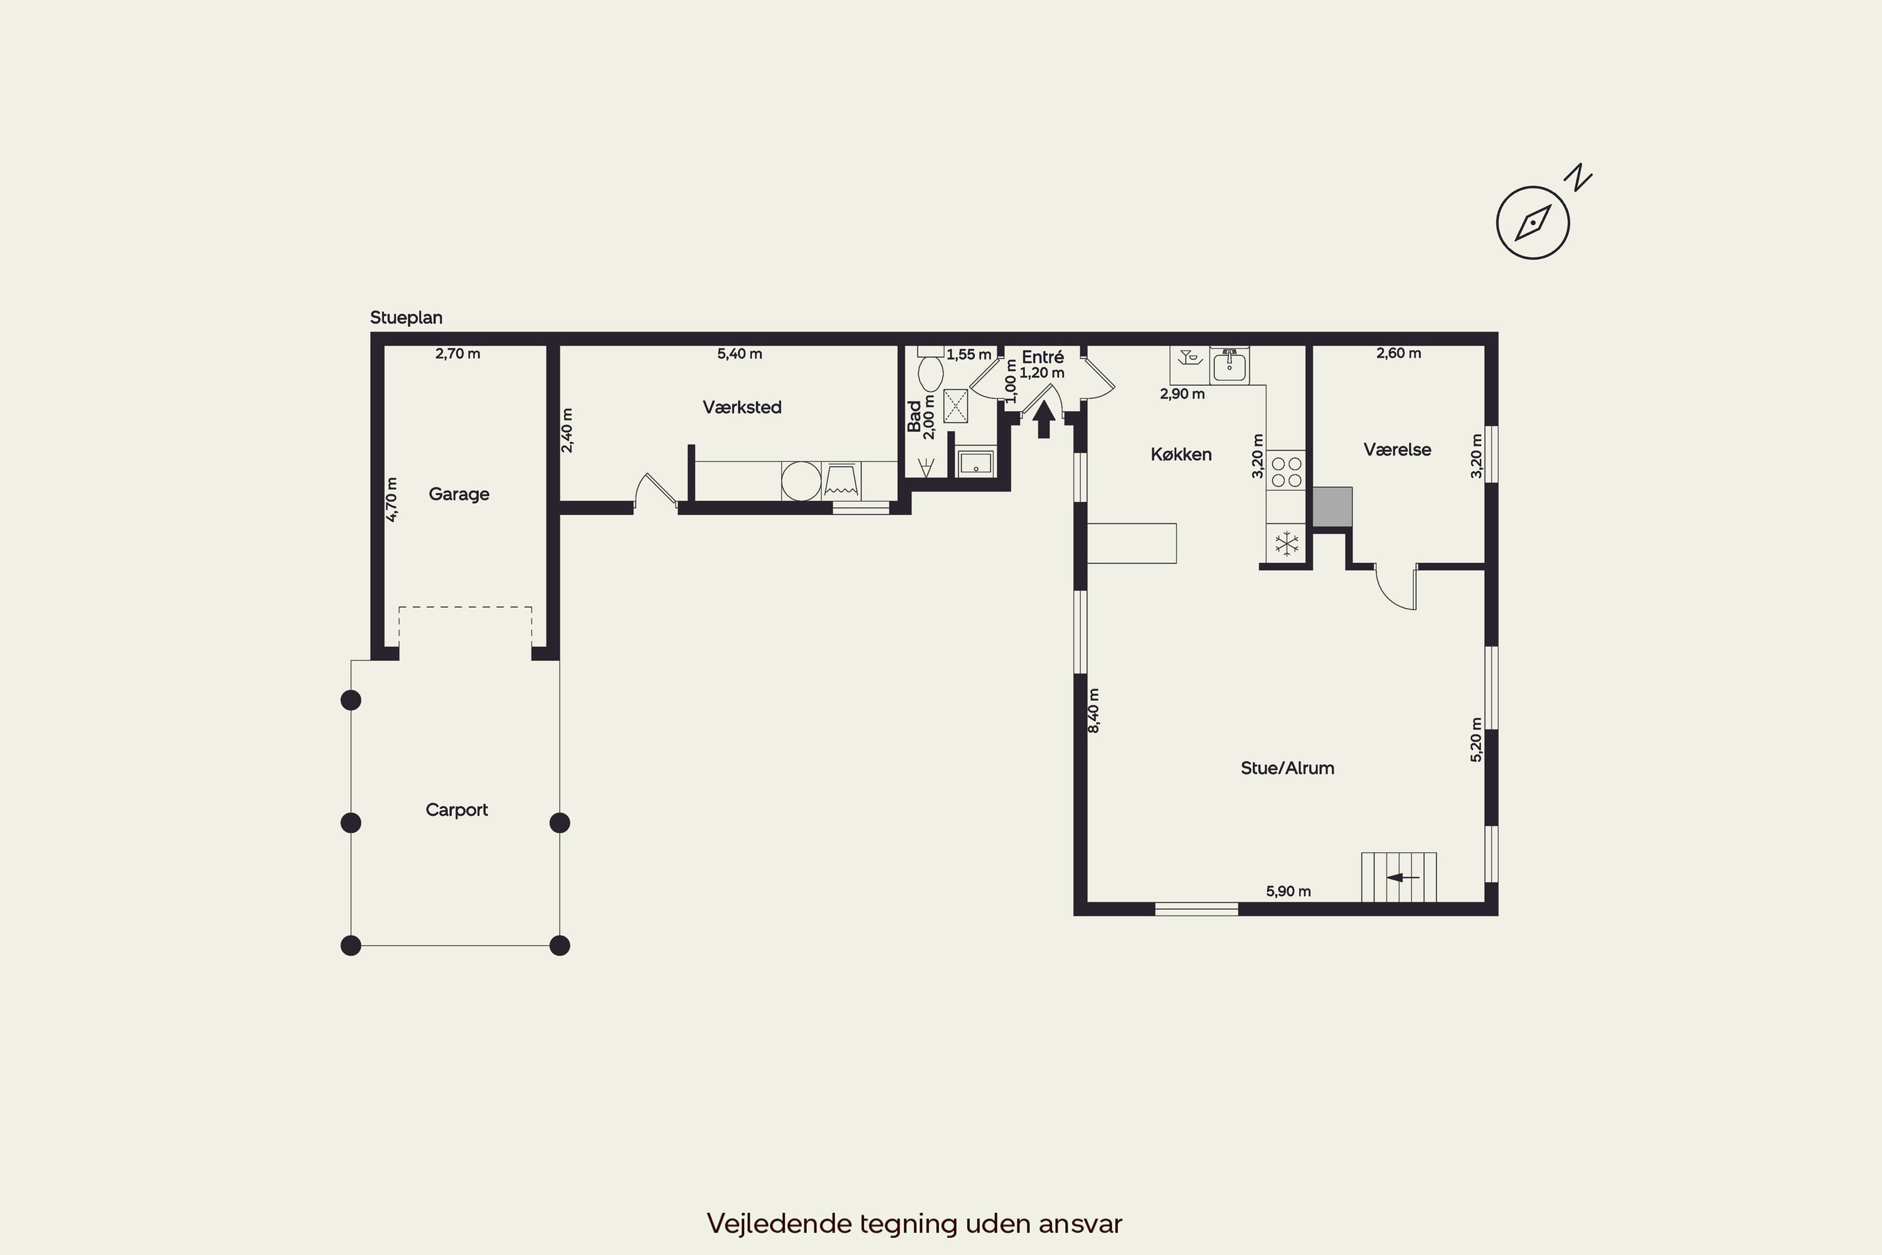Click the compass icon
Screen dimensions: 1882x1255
1533,223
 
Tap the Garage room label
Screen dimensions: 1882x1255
459,494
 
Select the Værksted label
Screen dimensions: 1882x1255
742,407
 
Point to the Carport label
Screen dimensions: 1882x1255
456,810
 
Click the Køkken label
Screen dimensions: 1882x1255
1181,454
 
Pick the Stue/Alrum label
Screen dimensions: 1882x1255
1287,768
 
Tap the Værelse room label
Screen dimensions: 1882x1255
1397,450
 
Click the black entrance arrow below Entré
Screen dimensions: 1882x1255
1043,419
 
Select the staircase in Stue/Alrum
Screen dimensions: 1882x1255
1399,877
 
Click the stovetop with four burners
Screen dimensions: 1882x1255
1286,471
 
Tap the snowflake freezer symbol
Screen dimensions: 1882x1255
1287,544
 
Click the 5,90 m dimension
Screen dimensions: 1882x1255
1289,891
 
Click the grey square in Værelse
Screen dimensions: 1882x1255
1332,506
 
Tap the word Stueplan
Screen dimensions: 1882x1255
406,318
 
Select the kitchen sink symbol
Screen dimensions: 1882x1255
1229,366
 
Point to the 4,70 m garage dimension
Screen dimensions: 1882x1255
391,499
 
